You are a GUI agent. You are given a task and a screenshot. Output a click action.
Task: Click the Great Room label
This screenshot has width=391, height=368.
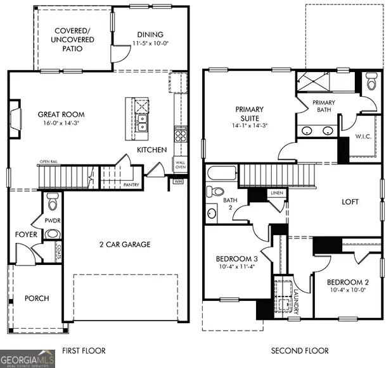[x=61, y=114]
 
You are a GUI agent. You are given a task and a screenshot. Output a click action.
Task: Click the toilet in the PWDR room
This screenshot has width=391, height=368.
[x=53, y=203]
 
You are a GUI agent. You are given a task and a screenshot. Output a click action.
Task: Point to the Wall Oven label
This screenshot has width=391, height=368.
[x=181, y=166]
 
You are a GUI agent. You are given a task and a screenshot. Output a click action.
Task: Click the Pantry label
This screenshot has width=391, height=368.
[x=132, y=185]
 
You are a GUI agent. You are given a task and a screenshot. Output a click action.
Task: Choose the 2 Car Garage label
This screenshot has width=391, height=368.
[x=124, y=244]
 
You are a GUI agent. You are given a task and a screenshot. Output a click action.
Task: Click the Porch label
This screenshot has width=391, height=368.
[x=37, y=298]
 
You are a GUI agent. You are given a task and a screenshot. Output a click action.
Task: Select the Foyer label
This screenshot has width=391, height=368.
[x=27, y=235]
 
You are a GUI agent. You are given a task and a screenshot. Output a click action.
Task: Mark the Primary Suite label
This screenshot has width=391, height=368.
[x=250, y=113]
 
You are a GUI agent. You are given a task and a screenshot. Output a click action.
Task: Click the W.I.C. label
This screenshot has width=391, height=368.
[x=363, y=136]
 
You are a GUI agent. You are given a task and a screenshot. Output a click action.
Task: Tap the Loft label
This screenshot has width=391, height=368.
[x=350, y=202]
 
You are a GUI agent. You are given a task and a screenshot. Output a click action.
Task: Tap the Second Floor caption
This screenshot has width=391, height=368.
[x=300, y=350]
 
